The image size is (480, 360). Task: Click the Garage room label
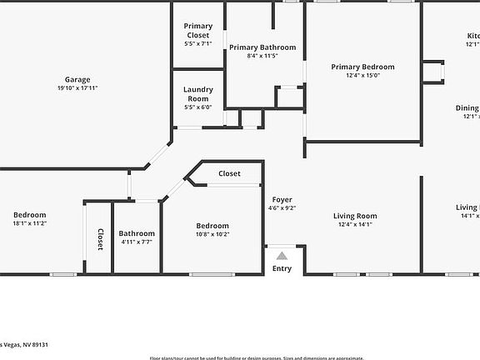pos(77,79)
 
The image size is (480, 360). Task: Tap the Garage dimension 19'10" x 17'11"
pos(77,87)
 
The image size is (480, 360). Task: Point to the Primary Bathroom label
pos(262,47)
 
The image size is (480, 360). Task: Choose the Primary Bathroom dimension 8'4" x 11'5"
pos(262,57)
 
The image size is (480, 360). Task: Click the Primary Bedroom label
pos(362,67)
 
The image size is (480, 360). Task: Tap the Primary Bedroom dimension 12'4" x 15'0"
pos(362,75)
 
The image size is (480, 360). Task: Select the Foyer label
pos(282,200)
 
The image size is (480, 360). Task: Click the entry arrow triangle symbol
pos(282,257)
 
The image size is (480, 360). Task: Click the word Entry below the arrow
pos(282,268)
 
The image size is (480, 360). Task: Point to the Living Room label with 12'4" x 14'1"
pos(356,216)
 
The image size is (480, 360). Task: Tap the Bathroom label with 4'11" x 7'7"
pos(136,233)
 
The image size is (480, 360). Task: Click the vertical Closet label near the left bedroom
pos(100,239)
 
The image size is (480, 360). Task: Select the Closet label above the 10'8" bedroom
pos(229,173)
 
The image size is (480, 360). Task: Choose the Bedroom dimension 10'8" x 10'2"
pos(212,234)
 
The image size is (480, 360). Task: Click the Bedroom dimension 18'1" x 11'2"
pos(29,223)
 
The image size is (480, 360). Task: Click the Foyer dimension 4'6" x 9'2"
pos(282,208)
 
